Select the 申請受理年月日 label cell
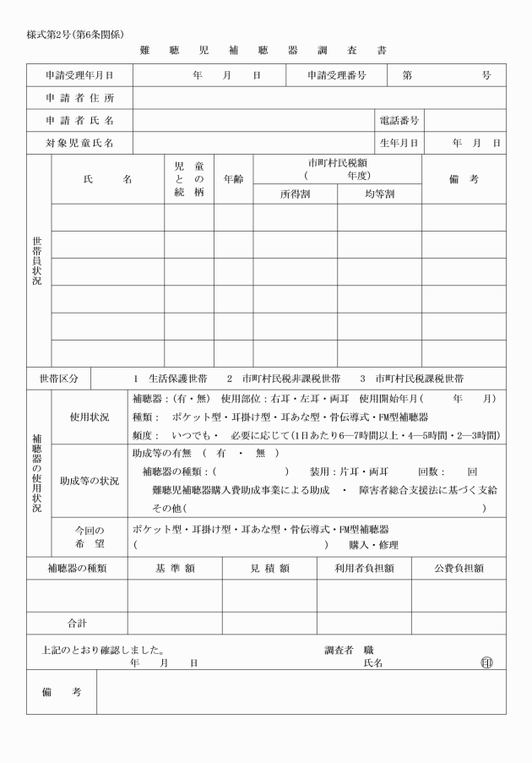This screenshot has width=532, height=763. tap(79, 75)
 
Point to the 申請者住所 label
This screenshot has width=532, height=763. tap(79, 98)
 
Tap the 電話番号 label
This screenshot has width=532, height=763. tap(399, 121)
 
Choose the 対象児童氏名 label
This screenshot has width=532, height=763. tap(79, 144)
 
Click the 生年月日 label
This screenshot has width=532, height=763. tap(399, 144)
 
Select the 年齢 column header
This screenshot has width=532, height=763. tap(233, 179)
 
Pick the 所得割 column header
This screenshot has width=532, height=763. tap(296, 193)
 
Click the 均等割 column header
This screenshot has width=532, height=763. tap(379, 193)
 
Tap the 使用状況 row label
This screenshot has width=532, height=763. tap(89, 417)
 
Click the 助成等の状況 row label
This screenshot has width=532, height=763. tap(89, 481)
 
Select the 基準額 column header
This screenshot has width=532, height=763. tap(175, 569)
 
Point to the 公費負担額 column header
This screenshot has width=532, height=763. tap(459, 569)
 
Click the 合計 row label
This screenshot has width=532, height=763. tap(77, 623)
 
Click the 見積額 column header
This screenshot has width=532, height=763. tap(269, 569)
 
